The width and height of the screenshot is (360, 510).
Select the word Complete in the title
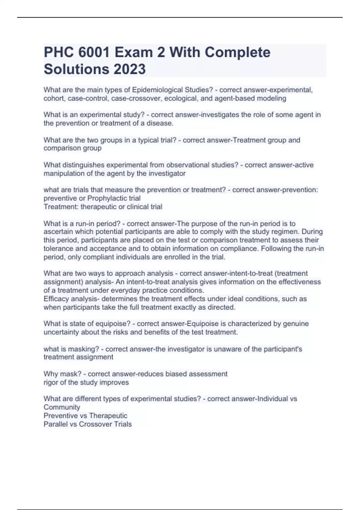tap(237, 52)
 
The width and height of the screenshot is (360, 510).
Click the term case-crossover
tap(136, 98)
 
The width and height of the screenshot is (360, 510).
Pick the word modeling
tap(272, 98)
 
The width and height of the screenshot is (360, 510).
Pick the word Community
tap(62, 407)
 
